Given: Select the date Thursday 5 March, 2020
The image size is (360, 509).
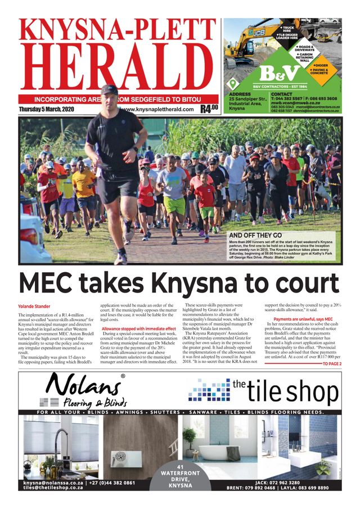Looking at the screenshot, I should click(x=47, y=109).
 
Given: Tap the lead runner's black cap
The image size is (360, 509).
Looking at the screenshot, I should click(x=109, y=89).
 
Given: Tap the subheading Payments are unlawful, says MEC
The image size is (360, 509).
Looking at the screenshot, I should click(x=298, y=319).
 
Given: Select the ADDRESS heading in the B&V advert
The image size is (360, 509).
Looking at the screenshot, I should click(x=240, y=94).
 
